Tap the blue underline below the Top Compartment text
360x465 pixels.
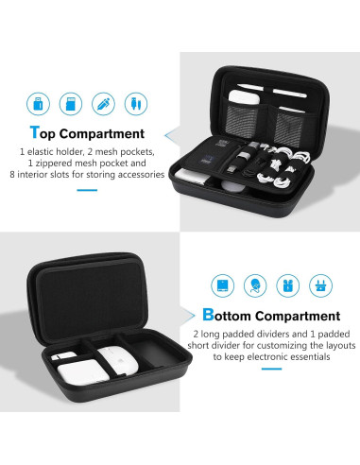(x=86, y=189)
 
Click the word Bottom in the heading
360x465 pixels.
(x=228, y=316)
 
